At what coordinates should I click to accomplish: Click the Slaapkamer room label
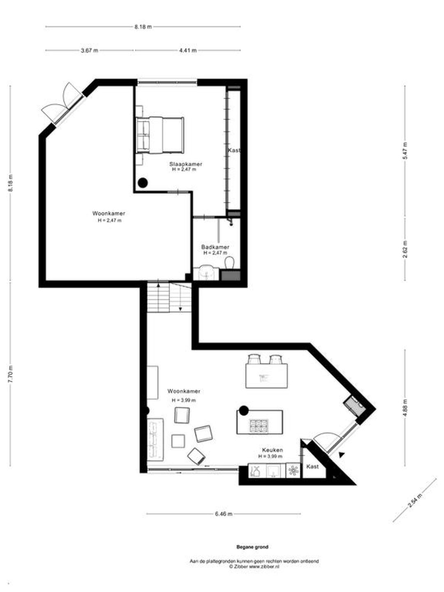tap(186, 164)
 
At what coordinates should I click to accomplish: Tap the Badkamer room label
tap(215, 247)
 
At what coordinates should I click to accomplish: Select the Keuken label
tap(273, 450)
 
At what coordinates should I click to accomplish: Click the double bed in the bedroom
tap(160, 135)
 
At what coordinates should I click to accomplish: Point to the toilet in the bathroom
tap(229, 262)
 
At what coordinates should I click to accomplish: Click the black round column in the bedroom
tap(143, 183)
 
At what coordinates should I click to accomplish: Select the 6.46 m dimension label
tap(224, 514)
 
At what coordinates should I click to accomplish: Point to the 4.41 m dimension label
tap(188, 51)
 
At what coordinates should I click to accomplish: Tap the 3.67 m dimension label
tap(90, 51)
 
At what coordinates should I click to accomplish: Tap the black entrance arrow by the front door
tap(342, 455)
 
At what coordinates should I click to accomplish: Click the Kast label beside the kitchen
tap(313, 466)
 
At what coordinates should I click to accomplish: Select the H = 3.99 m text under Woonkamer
tap(184, 400)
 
